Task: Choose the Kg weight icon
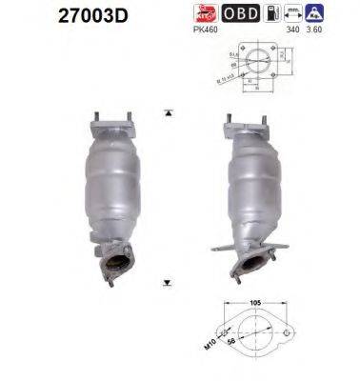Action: [340, 14]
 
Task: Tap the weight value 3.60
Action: [339, 30]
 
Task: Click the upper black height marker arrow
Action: [169, 112]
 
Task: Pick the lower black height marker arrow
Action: [169, 283]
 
